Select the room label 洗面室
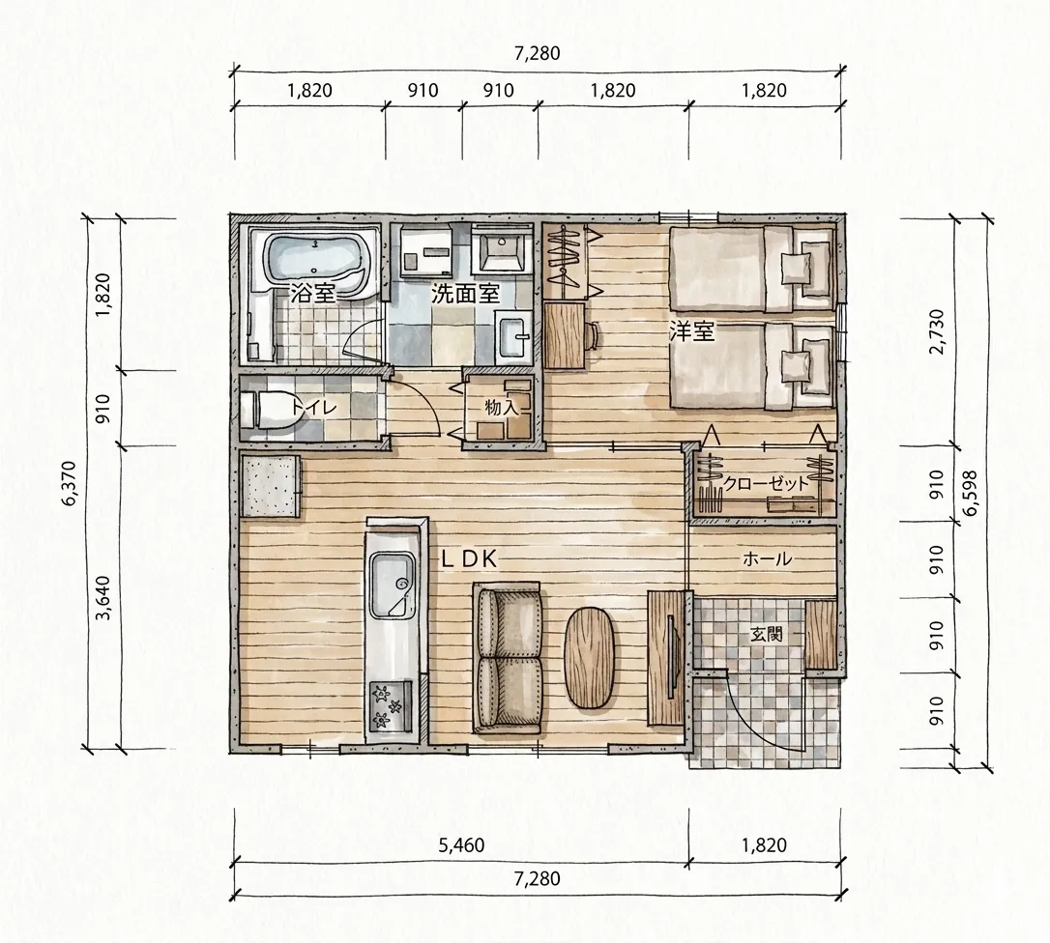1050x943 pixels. [x=465, y=294]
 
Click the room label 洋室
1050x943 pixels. [x=691, y=330]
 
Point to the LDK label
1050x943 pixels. [x=469, y=559]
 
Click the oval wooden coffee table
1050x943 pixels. [x=590, y=657]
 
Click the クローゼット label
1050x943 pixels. [x=766, y=483]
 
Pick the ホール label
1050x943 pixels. [x=768, y=558]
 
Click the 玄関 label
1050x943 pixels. [x=766, y=633]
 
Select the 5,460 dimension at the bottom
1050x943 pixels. [x=461, y=845]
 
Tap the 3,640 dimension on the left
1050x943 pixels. [x=103, y=598]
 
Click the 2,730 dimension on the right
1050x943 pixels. [x=937, y=331]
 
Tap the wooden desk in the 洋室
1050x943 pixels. [x=564, y=335]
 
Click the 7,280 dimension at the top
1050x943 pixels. [x=537, y=53]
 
